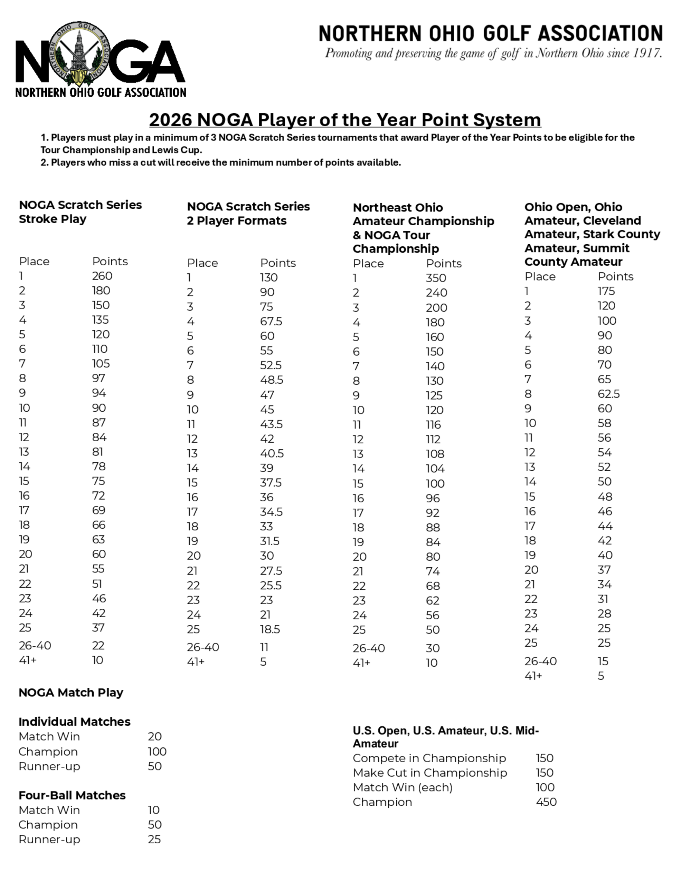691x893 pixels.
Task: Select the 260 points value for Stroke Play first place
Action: coord(102,276)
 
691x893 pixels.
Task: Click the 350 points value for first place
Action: coord(436,278)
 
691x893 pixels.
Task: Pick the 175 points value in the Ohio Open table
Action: coord(606,291)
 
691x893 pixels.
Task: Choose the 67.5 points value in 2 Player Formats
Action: coord(271,321)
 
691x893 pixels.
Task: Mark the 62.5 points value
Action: coord(608,394)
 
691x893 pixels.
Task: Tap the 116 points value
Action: coord(433,425)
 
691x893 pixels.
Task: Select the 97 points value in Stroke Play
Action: coord(98,378)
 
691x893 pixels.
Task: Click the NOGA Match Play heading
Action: coord(71,692)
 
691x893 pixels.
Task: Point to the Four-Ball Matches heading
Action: coord(72,795)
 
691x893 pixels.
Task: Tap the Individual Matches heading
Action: coord(75,721)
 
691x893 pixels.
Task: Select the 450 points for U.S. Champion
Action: coord(546,802)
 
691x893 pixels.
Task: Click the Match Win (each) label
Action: coord(403,787)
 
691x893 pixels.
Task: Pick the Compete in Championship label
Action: coord(429,758)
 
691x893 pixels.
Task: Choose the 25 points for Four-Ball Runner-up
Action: coord(154,839)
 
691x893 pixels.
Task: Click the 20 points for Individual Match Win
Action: coord(155,736)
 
